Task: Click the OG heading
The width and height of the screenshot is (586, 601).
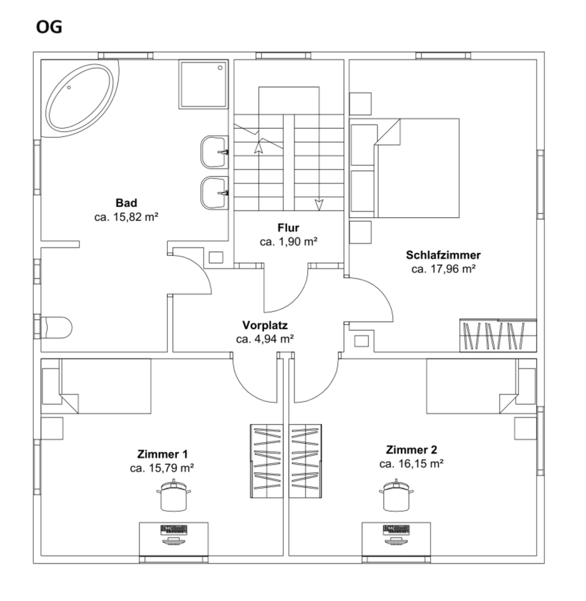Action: tap(49, 27)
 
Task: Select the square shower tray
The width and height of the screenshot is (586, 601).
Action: tap(203, 85)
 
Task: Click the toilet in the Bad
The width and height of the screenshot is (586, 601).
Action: tap(57, 327)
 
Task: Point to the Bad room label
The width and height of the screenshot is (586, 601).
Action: tap(126, 203)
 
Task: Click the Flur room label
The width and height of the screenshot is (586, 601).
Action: tap(288, 228)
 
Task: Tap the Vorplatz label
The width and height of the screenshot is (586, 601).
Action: tap(265, 326)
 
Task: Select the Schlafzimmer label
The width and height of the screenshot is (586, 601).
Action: tap(443, 255)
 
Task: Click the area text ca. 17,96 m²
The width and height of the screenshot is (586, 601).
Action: tap(443, 269)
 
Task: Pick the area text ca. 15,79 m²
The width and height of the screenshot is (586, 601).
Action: tap(161, 468)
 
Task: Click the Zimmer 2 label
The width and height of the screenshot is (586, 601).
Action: tap(412, 449)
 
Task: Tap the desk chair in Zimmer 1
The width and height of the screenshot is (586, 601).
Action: tap(173, 496)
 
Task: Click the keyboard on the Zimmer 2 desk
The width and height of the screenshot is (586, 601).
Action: tap(396, 530)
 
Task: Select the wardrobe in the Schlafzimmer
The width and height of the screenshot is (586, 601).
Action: tap(498, 336)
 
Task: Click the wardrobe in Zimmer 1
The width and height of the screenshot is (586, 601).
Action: tap(266, 461)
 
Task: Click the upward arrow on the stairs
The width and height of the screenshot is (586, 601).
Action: tap(259, 146)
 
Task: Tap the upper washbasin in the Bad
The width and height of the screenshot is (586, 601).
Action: tap(214, 152)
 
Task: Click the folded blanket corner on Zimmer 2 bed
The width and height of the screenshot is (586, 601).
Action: tap(508, 403)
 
